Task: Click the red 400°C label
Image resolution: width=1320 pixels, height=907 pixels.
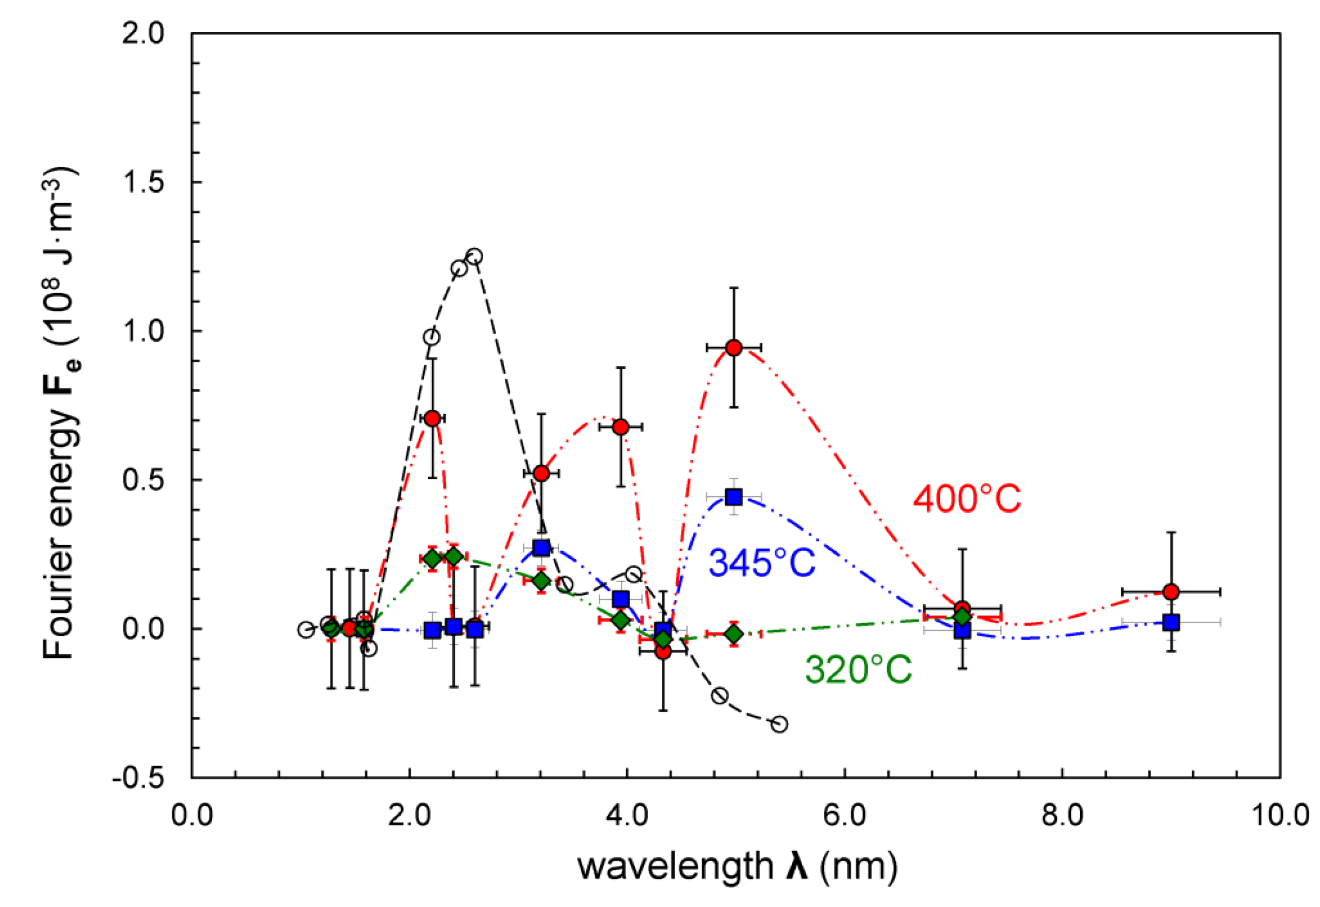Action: (x=966, y=499)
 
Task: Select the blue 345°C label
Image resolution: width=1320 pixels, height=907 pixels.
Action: (x=762, y=563)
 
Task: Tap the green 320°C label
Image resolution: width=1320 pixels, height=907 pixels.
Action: (x=859, y=669)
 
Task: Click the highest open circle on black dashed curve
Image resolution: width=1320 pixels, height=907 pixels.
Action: (x=474, y=256)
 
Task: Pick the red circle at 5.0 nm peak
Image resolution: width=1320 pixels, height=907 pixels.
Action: (x=734, y=348)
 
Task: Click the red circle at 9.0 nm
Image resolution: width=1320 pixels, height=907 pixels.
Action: (x=1171, y=592)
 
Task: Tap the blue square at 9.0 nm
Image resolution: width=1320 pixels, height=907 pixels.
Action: (x=1171, y=622)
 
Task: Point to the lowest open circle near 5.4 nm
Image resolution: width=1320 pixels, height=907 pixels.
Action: (x=780, y=724)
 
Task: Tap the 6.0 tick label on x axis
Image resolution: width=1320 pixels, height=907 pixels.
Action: (x=845, y=815)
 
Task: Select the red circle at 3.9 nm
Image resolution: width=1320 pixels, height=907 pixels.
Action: (x=621, y=427)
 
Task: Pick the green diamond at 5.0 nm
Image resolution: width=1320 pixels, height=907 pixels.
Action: (x=734, y=634)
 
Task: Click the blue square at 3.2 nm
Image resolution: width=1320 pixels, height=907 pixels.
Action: (x=541, y=548)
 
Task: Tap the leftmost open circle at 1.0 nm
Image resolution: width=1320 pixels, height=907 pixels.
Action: (x=307, y=630)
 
